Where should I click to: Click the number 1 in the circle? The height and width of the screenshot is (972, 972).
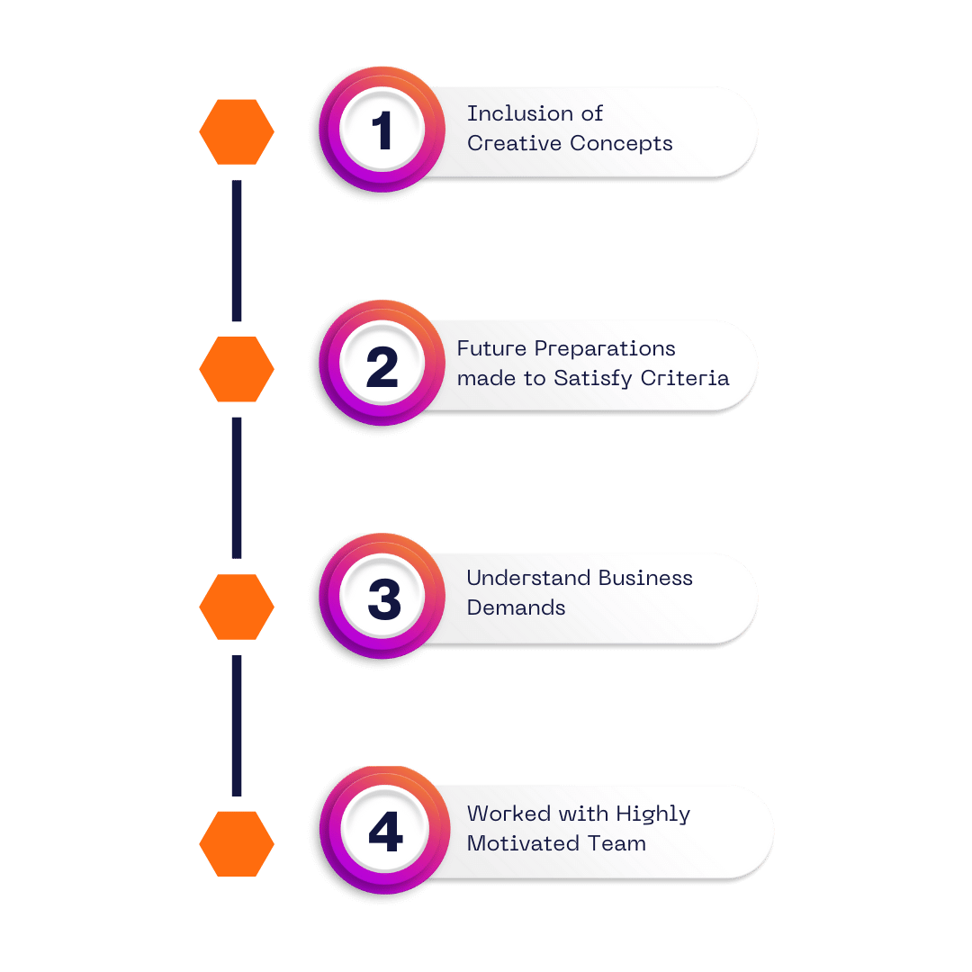(382, 130)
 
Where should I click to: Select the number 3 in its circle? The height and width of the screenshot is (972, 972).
(384, 598)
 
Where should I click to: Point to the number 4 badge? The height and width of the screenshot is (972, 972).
(385, 832)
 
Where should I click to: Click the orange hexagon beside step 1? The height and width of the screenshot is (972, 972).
(237, 132)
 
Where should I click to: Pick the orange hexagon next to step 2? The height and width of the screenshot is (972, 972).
(237, 369)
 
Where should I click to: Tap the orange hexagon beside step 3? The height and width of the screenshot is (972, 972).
(237, 607)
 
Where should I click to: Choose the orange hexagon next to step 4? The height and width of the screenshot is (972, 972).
(237, 843)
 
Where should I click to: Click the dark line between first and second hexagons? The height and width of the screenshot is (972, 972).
(237, 250)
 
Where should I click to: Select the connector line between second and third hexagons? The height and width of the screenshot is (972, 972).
(237, 488)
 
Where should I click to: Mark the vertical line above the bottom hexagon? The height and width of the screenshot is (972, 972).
(237, 725)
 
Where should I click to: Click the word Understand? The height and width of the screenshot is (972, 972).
(528, 578)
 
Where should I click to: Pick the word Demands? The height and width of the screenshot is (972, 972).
(516, 607)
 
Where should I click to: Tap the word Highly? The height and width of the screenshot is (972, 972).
(652, 814)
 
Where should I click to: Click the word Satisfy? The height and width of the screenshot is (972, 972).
(592, 379)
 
